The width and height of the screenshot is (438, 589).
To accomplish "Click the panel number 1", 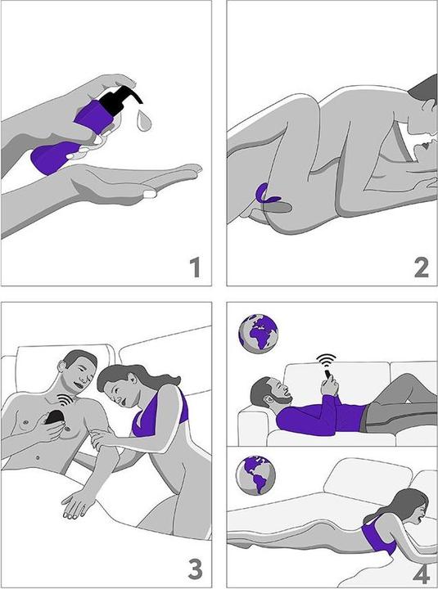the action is coord(195,267).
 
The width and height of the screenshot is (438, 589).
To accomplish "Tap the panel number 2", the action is coord(421,267).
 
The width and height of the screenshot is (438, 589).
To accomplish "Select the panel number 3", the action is coord(195,569).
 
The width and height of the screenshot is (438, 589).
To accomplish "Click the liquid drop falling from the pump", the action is coord(144,120).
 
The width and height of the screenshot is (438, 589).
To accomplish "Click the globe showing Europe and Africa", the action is coord(258,334).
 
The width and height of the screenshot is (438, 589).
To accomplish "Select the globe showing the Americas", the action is coord(255,475).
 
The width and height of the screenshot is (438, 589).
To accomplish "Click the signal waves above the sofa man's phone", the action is coord(326,361).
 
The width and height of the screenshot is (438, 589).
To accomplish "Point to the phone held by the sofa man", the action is coord(328,374).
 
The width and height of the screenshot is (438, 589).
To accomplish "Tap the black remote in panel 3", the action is coord(55,417).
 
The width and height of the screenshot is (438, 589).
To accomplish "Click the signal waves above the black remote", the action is coord(65,400).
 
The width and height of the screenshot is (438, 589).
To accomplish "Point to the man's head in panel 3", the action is coord(78,370).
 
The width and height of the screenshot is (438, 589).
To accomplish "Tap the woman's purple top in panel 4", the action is coord(378,534).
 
